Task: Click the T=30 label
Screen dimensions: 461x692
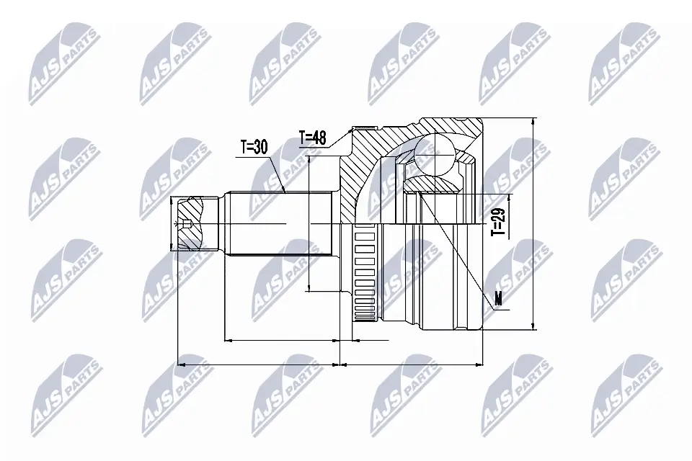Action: pos(254,147)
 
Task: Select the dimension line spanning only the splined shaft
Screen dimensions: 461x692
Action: pos(281,339)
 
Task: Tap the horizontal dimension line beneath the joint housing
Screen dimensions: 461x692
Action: pos(411,364)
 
